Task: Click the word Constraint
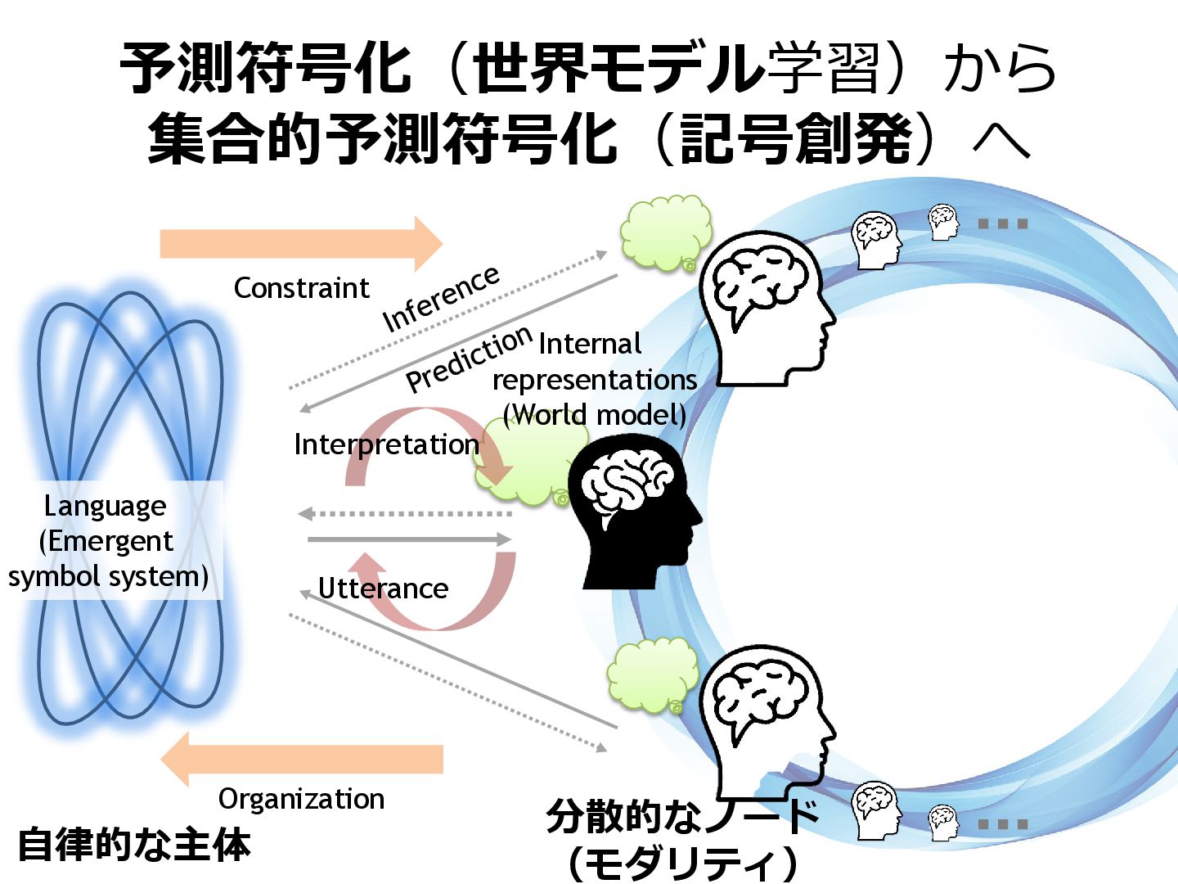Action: click(x=301, y=288)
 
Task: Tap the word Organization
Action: click(x=301, y=799)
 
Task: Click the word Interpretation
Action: click(x=386, y=444)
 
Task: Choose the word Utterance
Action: click(x=383, y=589)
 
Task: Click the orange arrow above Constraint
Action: click(x=300, y=244)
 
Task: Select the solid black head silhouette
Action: click(x=634, y=516)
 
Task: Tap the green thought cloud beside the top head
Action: click(x=664, y=233)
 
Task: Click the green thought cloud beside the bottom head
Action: click(x=651, y=674)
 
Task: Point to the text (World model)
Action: click(x=595, y=415)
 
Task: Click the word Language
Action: click(x=105, y=506)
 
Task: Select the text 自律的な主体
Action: click(x=134, y=845)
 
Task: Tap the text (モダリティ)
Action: click(x=682, y=863)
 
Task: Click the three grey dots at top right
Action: click(x=1002, y=223)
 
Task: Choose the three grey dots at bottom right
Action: click(x=1002, y=824)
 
